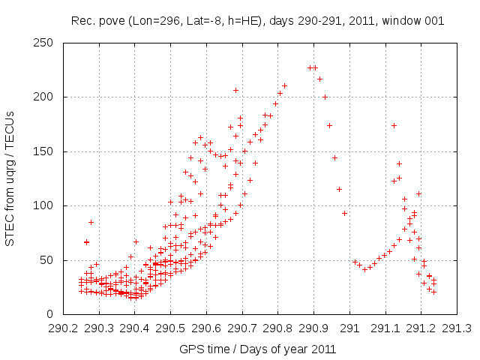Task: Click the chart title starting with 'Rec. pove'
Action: pyautogui.click(x=257, y=21)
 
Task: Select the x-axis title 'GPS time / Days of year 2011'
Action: pyautogui.click(x=257, y=349)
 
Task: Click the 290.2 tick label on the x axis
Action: pyautogui.click(x=64, y=328)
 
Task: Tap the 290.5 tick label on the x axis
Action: pyautogui.click(x=171, y=328)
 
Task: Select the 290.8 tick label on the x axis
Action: pyautogui.click(x=278, y=328)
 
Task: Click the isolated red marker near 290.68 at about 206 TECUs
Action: pyautogui.click(x=235, y=91)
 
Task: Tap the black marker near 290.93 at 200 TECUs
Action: pyautogui.click(x=325, y=97)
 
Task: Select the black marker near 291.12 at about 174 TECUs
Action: pyautogui.click(x=394, y=125)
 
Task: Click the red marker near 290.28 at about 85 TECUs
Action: pyautogui.click(x=91, y=222)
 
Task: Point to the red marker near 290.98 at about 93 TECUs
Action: pyautogui.click(x=344, y=213)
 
